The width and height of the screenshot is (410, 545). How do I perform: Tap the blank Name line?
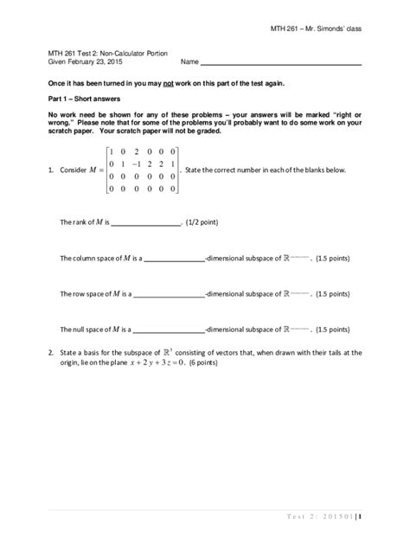pyautogui.click(x=281, y=63)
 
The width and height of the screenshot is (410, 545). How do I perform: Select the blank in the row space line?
pyautogui.click(x=168, y=294)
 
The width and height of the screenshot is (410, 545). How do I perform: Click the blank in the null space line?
pyautogui.click(x=168, y=330)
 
